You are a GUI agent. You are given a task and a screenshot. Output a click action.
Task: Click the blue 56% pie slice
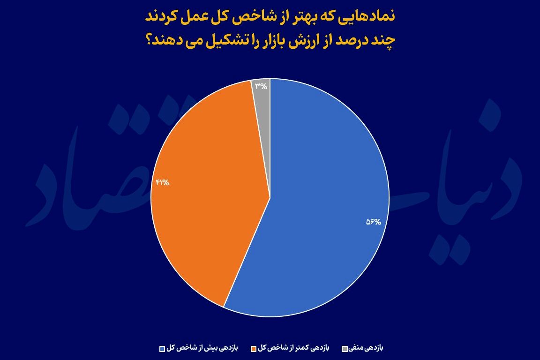pyautogui.click(x=320, y=207)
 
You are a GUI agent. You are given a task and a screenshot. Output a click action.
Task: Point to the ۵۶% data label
pyautogui.click(x=374, y=222)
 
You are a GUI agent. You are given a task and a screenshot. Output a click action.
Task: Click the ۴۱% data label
pyautogui.click(x=163, y=182)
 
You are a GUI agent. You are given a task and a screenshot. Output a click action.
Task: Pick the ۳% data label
pyautogui.click(x=261, y=86)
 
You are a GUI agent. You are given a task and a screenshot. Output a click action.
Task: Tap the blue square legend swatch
pyautogui.click(x=162, y=349)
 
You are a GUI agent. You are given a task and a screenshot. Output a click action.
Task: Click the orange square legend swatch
pyautogui.click(x=254, y=349)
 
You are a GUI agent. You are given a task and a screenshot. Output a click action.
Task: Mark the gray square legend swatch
pyautogui.click(x=345, y=349)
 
